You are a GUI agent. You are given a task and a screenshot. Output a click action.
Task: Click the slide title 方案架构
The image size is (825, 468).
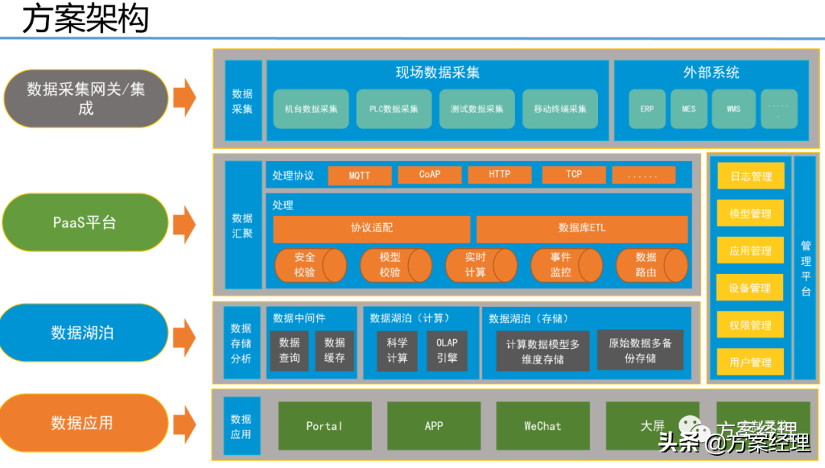(85, 19)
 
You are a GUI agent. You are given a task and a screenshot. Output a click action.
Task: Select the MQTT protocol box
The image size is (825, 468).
(359, 175)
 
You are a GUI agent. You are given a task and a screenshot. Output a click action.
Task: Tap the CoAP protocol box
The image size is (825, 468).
(429, 175)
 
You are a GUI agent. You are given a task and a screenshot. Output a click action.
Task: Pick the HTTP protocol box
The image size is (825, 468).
(499, 175)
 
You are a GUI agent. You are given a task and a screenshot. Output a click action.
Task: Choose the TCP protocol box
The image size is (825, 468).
(574, 175)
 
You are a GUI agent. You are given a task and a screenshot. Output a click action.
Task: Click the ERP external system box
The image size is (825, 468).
(647, 109)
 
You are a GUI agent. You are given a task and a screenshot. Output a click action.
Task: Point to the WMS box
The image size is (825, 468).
(733, 109)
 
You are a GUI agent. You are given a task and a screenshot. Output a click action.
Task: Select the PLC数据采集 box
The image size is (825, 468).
(394, 109)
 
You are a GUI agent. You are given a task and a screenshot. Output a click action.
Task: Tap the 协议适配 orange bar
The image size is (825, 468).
(371, 228)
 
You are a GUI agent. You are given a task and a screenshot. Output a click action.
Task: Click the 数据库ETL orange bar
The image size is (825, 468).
(581, 228)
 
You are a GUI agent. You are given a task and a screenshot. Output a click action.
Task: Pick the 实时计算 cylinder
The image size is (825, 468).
(480, 265)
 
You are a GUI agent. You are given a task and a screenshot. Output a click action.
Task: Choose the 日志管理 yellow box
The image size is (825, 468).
(750, 176)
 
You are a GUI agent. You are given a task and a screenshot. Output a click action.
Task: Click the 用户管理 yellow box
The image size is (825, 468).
(750, 362)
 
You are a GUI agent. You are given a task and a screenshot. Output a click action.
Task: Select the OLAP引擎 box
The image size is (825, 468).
(447, 350)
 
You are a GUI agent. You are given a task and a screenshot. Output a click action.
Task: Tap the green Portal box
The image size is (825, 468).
(325, 426)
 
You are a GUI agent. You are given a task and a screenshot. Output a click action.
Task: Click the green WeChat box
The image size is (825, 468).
(542, 426)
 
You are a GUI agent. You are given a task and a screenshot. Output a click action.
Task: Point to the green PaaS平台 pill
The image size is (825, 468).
(85, 223)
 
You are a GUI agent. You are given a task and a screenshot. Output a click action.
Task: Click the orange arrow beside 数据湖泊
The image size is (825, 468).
(184, 336)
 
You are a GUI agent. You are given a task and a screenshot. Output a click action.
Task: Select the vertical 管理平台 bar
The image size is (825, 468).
(805, 268)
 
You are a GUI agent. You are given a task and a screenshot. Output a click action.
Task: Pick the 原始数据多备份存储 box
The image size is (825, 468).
(640, 350)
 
